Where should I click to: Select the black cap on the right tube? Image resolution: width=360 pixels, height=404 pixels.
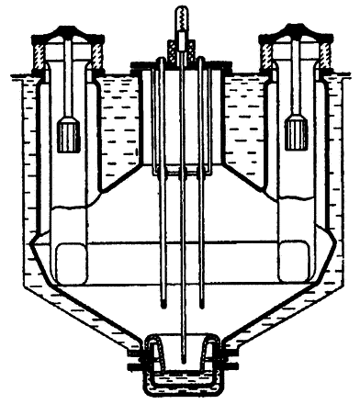(295, 39)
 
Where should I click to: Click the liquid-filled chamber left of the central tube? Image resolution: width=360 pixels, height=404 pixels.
(120, 129)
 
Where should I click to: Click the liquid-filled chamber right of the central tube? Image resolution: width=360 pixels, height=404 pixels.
(243, 129)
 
